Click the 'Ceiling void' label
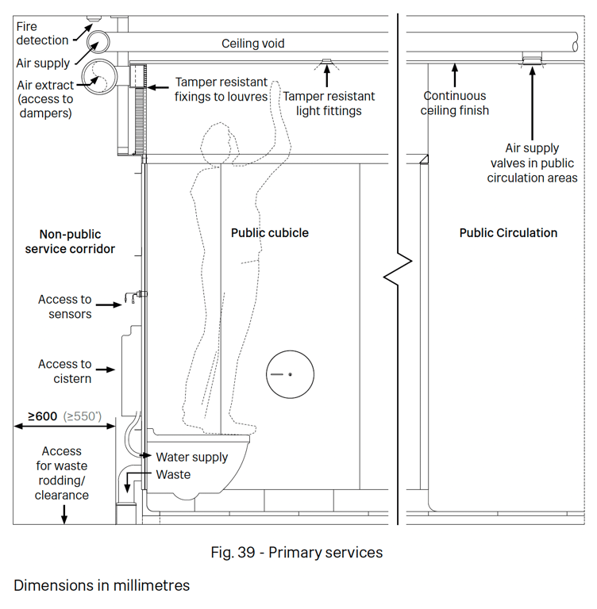tap(252, 44)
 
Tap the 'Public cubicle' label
tap(269, 233)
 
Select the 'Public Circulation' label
tap(508, 233)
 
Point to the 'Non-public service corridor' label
tap(77, 241)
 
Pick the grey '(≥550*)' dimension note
tap(83, 415)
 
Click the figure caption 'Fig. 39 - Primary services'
tap(297, 552)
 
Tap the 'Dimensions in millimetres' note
tap(102, 585)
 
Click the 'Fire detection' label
tap(42, 33)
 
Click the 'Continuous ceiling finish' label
tap(454, 103)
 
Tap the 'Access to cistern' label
tap(64, 371)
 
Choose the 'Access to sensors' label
tap(64, 307)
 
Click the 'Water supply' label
tap(191, 457)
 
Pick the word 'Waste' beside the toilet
tap(173, 474)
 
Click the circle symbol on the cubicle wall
tap(290, 373)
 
